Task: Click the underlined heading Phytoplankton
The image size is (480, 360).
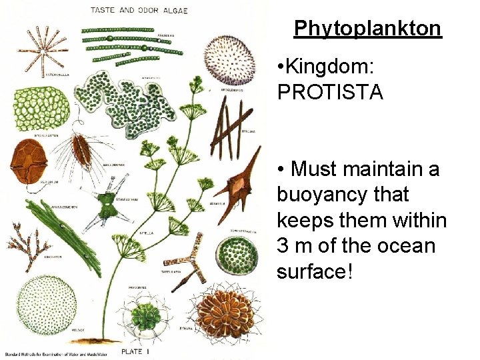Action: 367,29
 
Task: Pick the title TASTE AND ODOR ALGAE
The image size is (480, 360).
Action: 139,11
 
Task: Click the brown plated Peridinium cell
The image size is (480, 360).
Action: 27,161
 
